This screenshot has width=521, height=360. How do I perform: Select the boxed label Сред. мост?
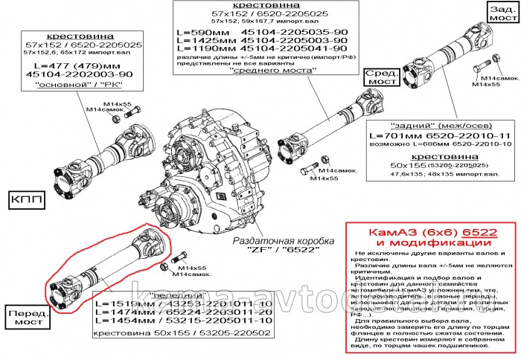(x=383, y=77)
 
